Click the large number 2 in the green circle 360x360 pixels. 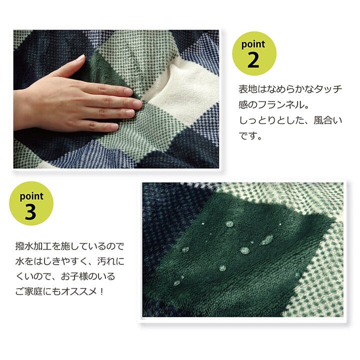click(253, 60)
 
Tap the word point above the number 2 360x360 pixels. click(253, 44)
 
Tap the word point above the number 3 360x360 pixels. click(31, 196)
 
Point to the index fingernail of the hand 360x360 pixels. click(128, 91)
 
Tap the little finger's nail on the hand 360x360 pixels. click(114, 127)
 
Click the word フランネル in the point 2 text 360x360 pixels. click(280, 105)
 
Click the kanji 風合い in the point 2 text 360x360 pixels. click(328, 120)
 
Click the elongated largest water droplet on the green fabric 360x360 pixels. click(267, 239)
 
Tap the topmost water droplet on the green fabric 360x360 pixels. click(229, 223)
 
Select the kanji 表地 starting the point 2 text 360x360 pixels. click(247, 89)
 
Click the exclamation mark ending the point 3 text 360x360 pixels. click(102, 291)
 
